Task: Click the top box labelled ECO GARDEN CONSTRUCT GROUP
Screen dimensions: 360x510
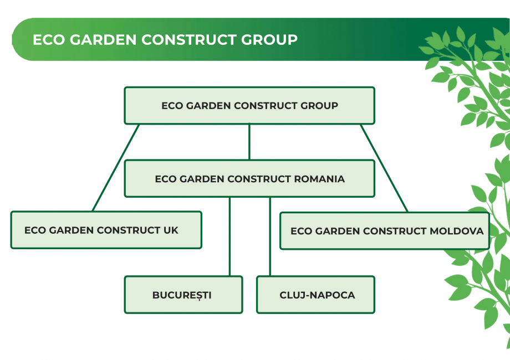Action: pos(249,105)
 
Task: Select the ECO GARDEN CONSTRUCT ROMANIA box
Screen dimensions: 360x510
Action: pos(249,178)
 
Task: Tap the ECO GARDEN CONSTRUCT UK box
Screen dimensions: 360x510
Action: pos(106,230)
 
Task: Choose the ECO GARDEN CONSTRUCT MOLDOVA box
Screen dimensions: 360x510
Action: pos(385,230)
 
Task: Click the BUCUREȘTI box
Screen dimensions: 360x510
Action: pos(183,295)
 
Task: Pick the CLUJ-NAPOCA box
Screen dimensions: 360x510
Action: pos(315,295)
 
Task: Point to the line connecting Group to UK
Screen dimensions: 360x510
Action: pos(115,167)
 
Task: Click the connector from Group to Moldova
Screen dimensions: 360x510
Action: pos(384,167)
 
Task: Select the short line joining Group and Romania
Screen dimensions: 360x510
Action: pos(249,142)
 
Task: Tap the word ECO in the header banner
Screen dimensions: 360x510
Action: pos(46,40)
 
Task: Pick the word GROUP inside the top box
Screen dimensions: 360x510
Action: pos(319,106)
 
